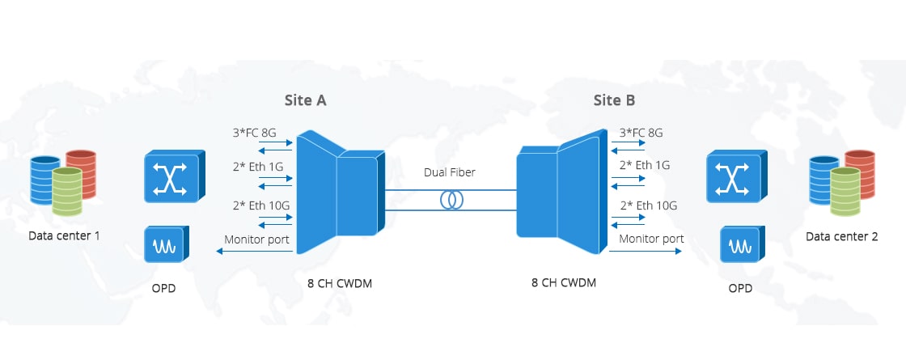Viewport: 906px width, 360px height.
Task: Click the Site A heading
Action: pos(305,100)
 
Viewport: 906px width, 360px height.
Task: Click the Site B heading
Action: pos(614,100)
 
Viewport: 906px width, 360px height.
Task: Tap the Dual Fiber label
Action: pos(450,172)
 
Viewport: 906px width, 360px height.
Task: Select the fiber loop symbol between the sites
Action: pos(451,200)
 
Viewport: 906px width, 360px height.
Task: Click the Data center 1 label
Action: pos(64,235)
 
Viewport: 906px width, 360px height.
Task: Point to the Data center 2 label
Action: pos(842,236)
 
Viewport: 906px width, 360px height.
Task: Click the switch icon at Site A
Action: pos(174,176)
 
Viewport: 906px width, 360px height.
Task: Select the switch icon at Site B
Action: pos(736,176)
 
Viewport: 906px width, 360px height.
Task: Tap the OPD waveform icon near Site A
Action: pos(167,244)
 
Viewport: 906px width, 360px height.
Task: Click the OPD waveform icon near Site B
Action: pos(743,244)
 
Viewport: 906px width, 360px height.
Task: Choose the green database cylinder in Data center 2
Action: pos(845,191)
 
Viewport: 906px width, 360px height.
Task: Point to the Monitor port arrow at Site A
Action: pos(254,251)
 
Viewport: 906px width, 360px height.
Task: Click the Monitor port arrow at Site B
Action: pos(646,251)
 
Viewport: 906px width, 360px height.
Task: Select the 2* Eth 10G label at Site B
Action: pos(648,205)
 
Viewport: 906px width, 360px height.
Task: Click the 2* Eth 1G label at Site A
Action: pos(258,167)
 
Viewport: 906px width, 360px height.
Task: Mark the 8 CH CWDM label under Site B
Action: pos(563,282)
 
